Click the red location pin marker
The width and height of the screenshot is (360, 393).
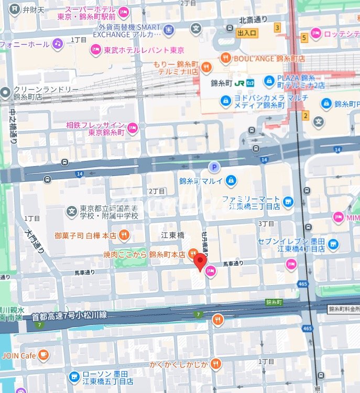coord(200,261)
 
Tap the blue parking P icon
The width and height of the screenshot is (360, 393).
coord(213,168)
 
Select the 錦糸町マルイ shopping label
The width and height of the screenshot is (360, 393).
coord(201,181)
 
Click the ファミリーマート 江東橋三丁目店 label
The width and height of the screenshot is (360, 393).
coord(250,203)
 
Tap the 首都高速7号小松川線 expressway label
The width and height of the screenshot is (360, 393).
coord(69,315)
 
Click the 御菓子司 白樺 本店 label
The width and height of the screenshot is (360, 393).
coord(85,235)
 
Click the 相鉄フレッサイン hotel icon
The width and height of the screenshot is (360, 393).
coord(133,126)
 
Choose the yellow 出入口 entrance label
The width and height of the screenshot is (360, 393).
coord(247,33)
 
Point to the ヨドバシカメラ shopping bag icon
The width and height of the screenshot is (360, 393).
coord(226,100)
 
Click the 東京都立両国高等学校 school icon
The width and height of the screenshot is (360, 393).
coord(71,211)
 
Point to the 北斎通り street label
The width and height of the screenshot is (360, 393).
coord(253,20)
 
